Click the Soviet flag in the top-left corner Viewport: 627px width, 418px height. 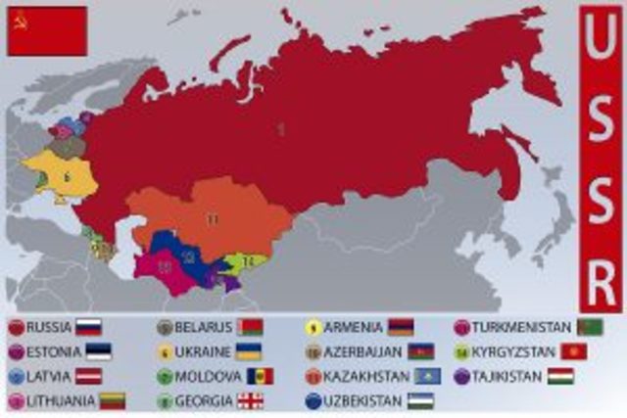(x=47, y=30)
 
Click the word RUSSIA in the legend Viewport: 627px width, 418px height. (x=48, y=327)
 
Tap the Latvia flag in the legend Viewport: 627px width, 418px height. (x=89, y=376)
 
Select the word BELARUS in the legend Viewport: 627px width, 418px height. (x=205, y=327)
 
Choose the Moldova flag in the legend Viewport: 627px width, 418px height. (x=260, y=376)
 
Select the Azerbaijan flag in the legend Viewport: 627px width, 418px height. (x=420, y=351)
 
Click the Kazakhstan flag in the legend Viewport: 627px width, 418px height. (x=428, y=376)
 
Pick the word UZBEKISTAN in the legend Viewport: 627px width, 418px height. (x=362, y=400)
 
